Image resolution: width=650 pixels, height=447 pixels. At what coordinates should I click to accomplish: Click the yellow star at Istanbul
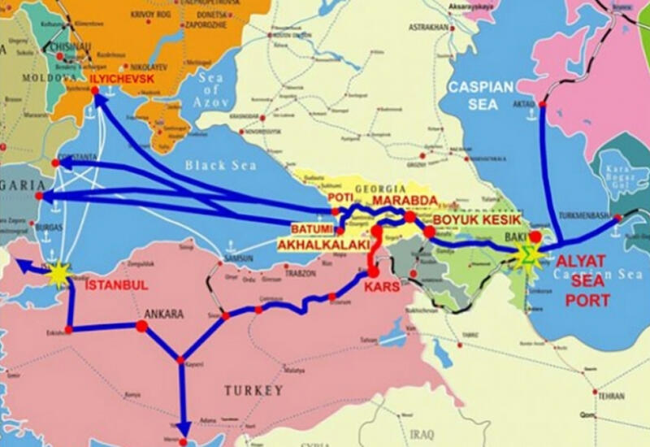click(x=58, y=276)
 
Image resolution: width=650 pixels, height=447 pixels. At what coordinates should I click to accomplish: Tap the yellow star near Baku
click(x=527, y=255)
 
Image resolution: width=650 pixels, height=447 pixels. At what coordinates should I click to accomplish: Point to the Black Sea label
click(x=219, y=165)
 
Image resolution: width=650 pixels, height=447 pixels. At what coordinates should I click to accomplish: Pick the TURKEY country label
click(x=253, y=390)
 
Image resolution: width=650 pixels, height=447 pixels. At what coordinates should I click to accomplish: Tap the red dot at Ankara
click(x=141, y=326)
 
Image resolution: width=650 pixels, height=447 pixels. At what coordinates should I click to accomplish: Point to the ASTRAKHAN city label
click(x=430, y=27)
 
